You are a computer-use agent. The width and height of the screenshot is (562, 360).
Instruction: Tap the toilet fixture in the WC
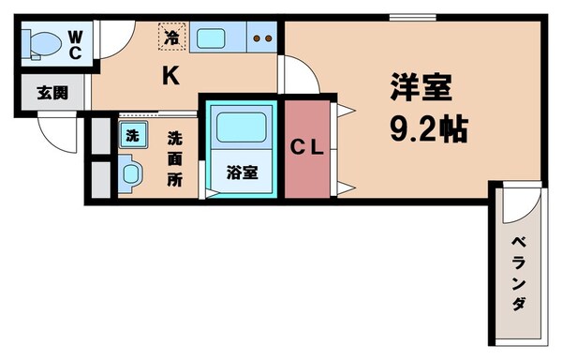pyautogui.click(x=41, y=43)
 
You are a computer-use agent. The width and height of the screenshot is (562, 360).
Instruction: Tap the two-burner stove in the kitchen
pyautogui.click(x=261, y=39)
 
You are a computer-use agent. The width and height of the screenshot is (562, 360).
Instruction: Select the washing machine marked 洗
pyautogui.click(x=131, y=134)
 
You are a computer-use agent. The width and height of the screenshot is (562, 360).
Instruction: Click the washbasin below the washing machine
pyautogui.click(x=129, y=172)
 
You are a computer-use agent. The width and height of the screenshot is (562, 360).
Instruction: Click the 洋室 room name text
pyautogui.click(x=421, y=89)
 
